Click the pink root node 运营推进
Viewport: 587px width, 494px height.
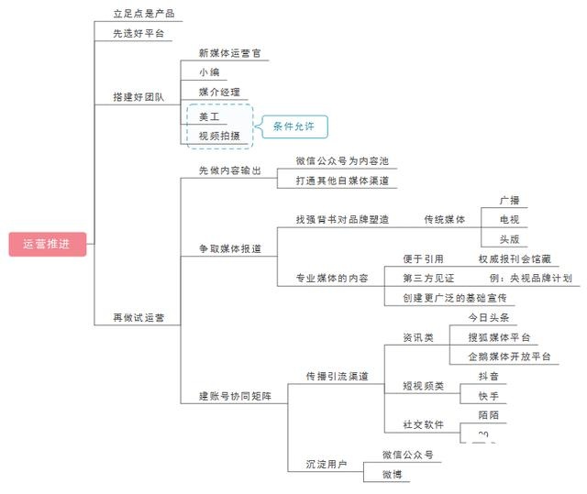pyautogui.click(x=48, y=244)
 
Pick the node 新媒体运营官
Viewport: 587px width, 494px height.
pyautogui.click(x=230, y=53)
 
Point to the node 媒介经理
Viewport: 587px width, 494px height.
pyautogui.click(x=219, y=93)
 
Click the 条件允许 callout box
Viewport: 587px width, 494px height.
pyautogui.click(x=294, y=126)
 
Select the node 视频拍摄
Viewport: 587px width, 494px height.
pyautogui.click(x=219, y=136)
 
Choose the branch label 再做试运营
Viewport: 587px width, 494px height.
pyautogui.click(x=138, y=317)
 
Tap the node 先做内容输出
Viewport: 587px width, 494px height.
pyautogui.click(x=230, y=170)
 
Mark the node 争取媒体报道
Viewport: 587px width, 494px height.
pyautogui.click(x=230, y=249)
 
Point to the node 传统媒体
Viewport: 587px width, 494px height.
pyautogui.click(x=444, y=220)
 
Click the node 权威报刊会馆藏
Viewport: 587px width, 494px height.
pyautogui.click(x=515, y=259)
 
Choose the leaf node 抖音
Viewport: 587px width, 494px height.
pyautogui.click(x=489, y=377)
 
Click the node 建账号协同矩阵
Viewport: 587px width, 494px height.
pyautogui.click(x=236, y=396)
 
